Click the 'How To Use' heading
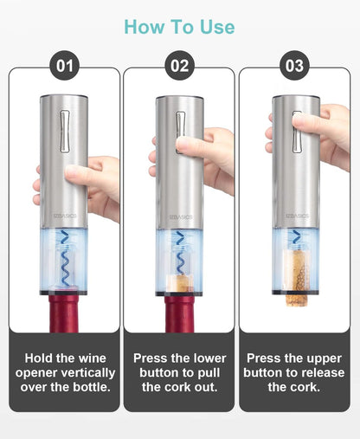pyautogui.click(x=179, y=27)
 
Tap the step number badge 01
pyautogui.click(x=65, y=65)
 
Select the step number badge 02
pyautogui.click(x=179, y=65)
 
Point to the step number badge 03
pyautogui.click(x=294, y=65)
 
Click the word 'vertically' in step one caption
pyautogui.click(x=82, y=373)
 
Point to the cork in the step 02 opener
pyautogui.click(x=180, y=282)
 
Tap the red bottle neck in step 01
pyautogui.click(x=64, y=312)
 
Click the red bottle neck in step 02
pyautogui.click(x=180, y=313)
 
